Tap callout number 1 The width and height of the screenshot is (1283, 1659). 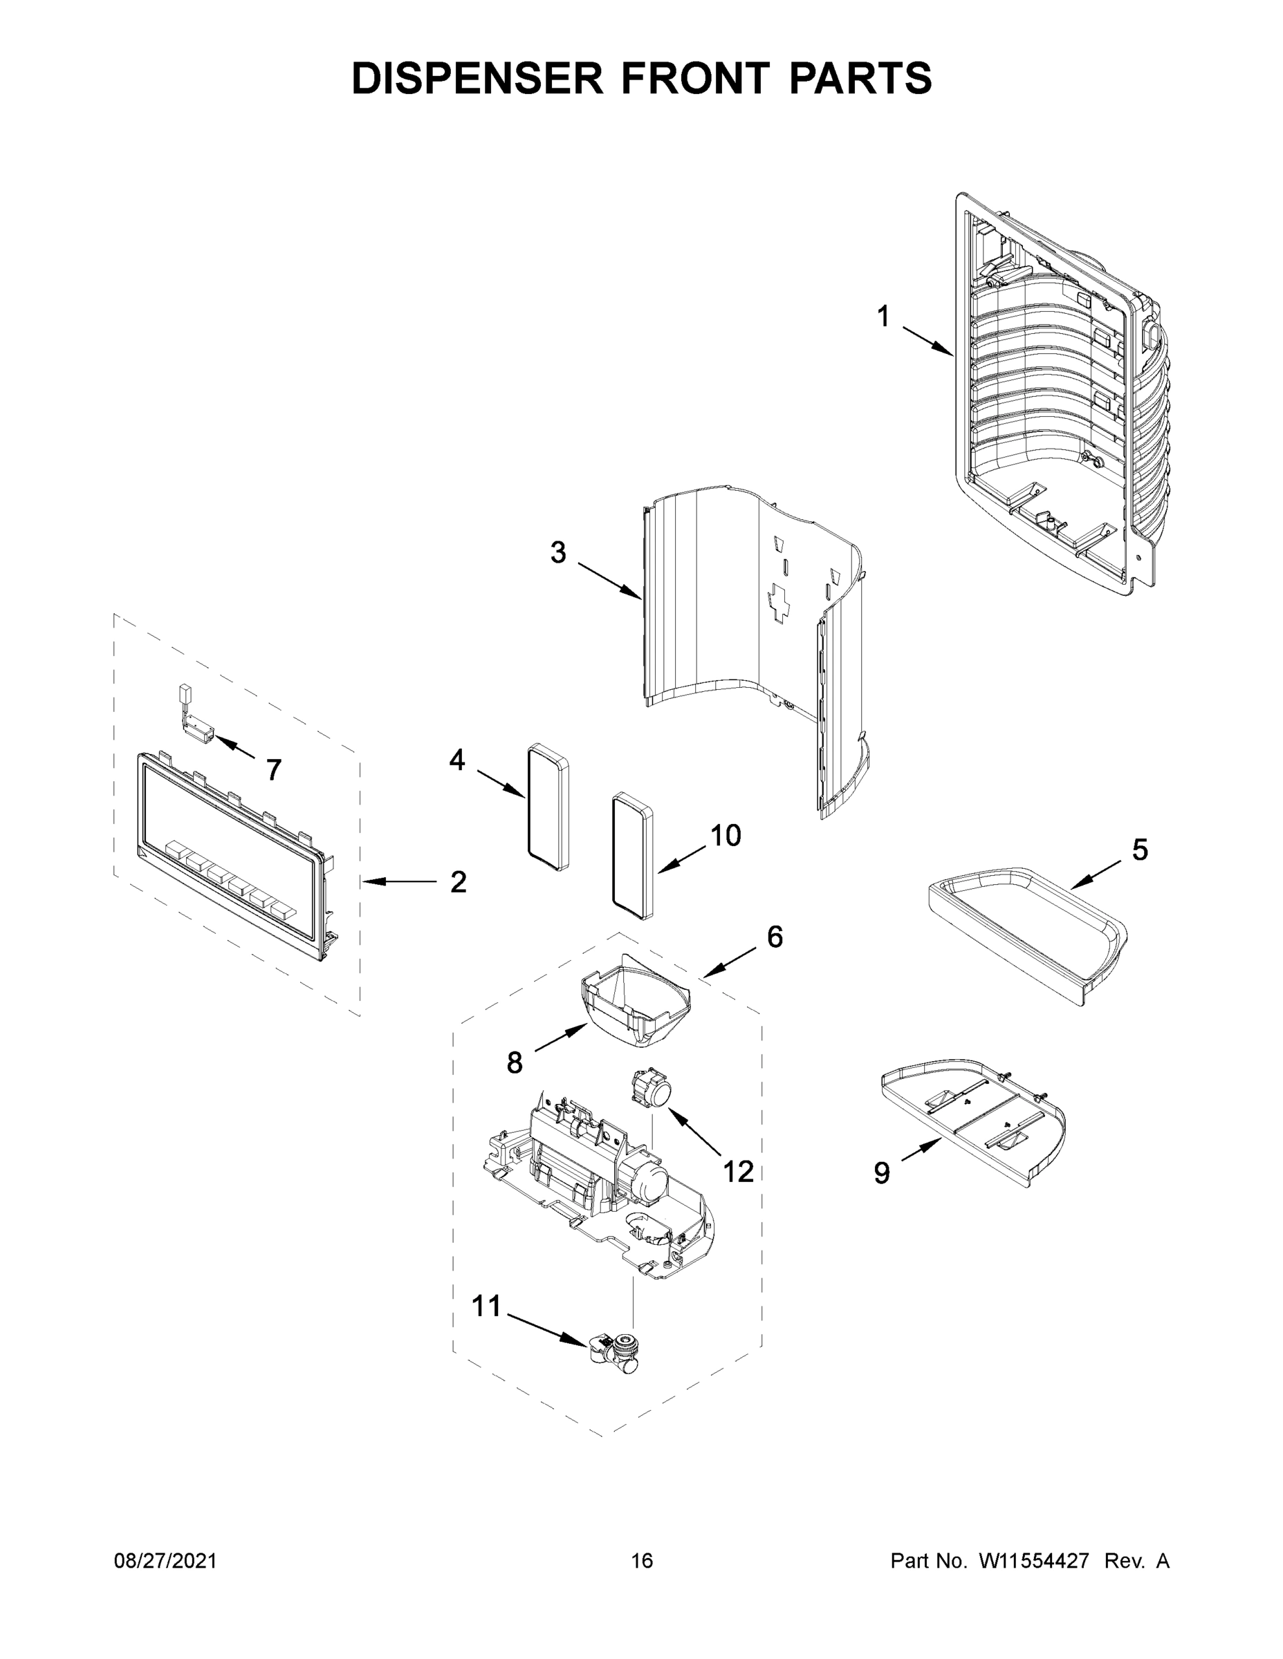[x=883, y=316]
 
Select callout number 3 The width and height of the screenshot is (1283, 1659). [x=558, y=553]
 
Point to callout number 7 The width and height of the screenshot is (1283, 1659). [x=275, y=770]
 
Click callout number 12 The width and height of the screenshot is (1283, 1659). [x=738, y=1172]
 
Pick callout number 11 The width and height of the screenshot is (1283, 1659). [x=486, y=1306]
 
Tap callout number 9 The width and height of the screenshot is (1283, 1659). [x=882, y=1174]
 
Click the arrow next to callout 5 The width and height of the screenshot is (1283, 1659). [x=1097, y=874]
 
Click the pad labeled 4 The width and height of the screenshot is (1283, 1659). [x=548, y=807]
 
